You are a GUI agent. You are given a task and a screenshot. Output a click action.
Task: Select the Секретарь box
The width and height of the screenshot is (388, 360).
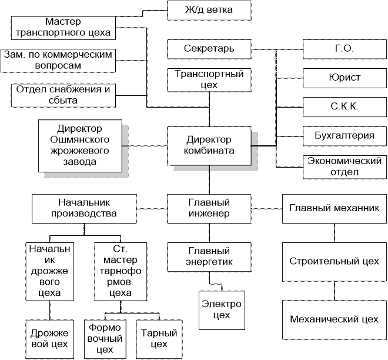click(209, 48)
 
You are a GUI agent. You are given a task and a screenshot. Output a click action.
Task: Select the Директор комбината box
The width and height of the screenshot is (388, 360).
click(209, 145)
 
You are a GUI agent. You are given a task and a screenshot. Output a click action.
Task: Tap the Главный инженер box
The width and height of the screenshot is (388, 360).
click(209, 208)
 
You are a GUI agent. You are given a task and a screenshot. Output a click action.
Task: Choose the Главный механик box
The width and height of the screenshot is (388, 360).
click(334, 208)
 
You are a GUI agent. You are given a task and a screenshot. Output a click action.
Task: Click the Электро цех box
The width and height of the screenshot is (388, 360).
click(221, 311)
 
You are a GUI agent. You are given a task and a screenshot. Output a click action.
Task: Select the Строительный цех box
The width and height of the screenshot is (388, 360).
click(334, 261)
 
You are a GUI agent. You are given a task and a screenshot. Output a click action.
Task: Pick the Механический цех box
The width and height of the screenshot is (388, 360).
click(334, 319)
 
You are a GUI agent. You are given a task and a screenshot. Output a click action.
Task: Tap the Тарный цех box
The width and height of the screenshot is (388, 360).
click(155, 338)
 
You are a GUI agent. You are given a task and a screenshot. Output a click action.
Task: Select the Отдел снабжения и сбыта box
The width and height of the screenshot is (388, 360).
click(63, 95)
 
